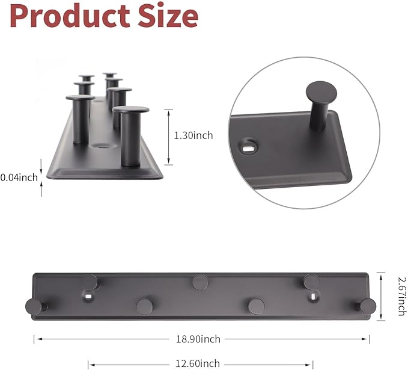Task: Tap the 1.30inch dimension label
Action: click(193, 136)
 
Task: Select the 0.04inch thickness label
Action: click(19, 177)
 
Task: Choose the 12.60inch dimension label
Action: click(201, 363)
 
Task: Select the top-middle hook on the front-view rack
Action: click(201, 280)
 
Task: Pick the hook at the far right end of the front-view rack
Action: click(368, 306)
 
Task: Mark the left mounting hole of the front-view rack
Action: click(88, 297)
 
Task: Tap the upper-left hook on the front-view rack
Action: click(90, 280)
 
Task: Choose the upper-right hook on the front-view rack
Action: click(311, 280)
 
